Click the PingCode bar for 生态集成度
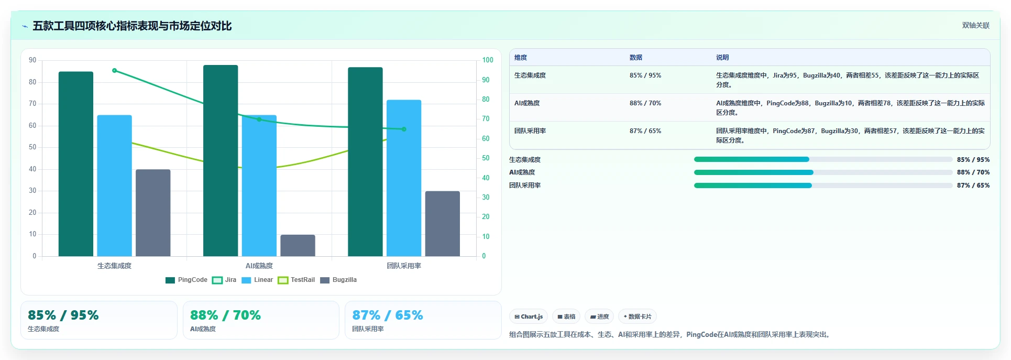click(x=76, y=164)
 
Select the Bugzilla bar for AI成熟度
click(x=298, y=245)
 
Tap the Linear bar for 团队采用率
click(x=404, y=178)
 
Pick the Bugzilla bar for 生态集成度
click(x=153, y=213)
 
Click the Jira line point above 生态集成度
click(x=115, y=71)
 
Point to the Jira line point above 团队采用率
click(x=404, y=129)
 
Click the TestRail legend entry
click(x=296, y=280)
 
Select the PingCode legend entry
click(x=186, y=280)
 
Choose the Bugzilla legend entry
click(x=338, y=280)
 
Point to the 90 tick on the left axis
click(x=32, y=60)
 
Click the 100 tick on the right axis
click(x=488, y=60)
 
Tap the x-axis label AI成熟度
click(x=259, y=266)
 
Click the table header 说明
click(x=722, y=58)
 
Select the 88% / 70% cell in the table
click(x=645, y=103)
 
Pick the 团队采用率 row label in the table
click(x=530, y=131)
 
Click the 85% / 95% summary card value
click(x=63, y=315)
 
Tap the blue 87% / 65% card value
click(x=388, y=315)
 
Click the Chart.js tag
click(x=529, y=317)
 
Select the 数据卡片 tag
click(x=638, y=317)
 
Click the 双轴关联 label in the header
click(x=976, y=26)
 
